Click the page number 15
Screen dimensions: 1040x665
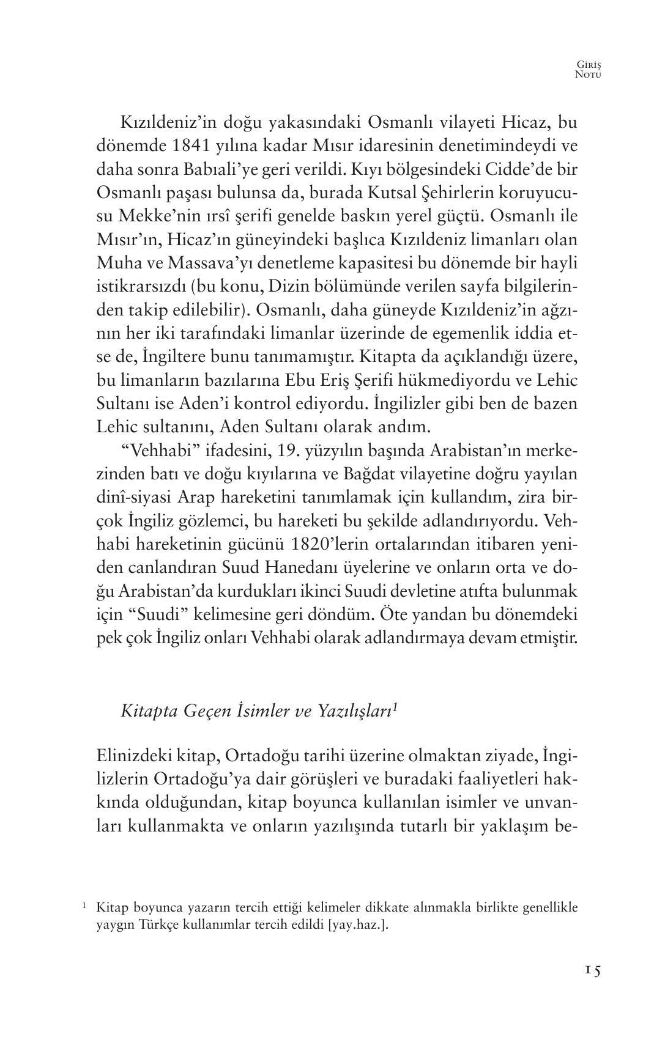(x=592, y=970)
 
